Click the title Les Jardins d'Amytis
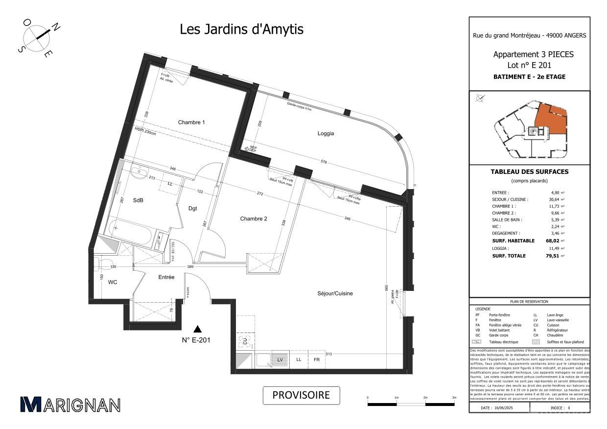(241, 29)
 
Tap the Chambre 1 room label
(191, 122)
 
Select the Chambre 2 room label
(253, 219)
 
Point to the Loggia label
(326, 133)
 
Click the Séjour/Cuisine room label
(335, 293)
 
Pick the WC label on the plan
(113, 282)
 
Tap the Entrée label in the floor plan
(166, 277)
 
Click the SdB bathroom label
(139, 200)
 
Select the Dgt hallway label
(193, 208)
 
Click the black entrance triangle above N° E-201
(197, 329)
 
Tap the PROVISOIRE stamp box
(301, 395)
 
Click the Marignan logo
(70, 405)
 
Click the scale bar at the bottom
(411, 404)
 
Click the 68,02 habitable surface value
(553, 241)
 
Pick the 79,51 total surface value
(553, 256)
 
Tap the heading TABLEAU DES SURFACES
(529, 172)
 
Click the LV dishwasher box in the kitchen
(280, 359)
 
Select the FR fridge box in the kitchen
(316, 359)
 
